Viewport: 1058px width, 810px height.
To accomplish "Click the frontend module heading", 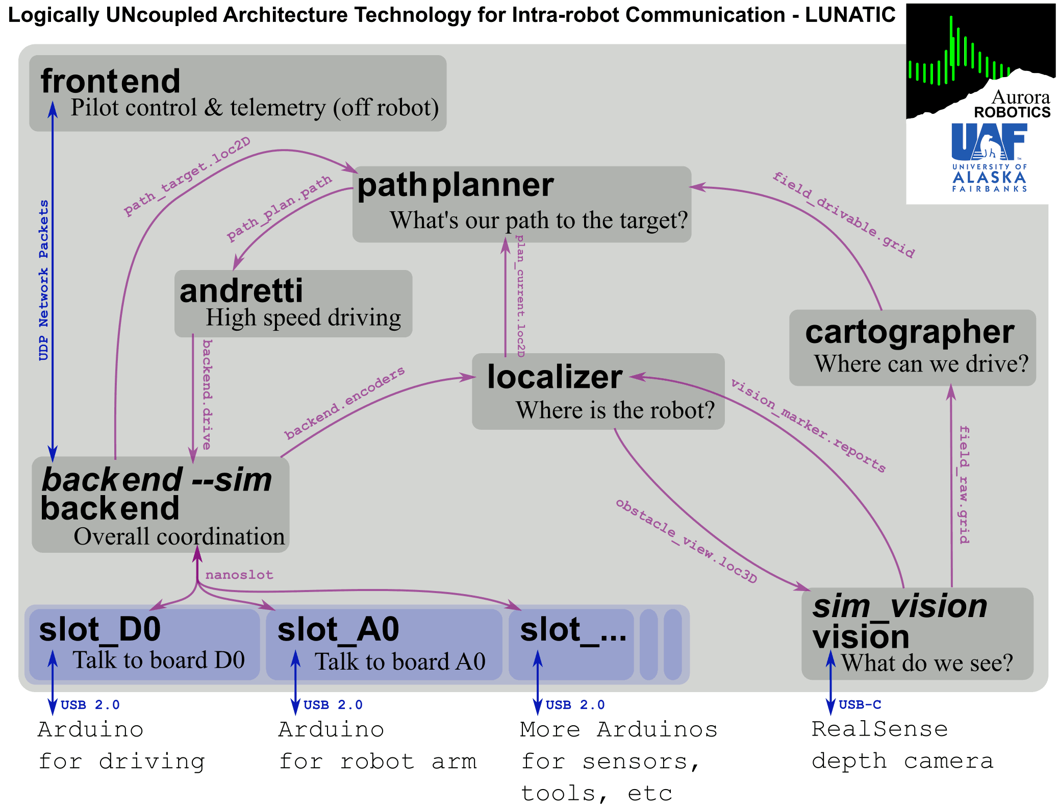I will pos(110,81).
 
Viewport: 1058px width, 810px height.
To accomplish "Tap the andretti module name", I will pos(241,291).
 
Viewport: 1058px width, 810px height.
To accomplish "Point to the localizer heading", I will pos(555,377).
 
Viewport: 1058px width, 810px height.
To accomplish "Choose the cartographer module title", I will pos(910,332).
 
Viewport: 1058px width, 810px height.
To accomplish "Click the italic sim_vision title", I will pos(899,606).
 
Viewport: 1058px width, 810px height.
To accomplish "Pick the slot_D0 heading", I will pos(100,629).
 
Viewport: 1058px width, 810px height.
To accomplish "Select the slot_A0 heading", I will pos(338,629).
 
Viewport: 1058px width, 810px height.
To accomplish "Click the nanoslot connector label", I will pos(239,575).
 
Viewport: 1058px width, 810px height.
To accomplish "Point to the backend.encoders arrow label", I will pos(345,403).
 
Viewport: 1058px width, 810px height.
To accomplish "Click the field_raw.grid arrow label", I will pos(964,484).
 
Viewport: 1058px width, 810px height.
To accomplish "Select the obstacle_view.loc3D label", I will pos(686,541).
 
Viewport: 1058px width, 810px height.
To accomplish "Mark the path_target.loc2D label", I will pos(187,176).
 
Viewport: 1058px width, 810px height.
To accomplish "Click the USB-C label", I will pos(860,705).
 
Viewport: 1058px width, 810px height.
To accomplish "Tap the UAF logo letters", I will pos(989,141).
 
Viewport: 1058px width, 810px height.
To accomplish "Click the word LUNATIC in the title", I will pos(850,15).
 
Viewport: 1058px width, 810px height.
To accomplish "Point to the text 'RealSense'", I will pos(879,729).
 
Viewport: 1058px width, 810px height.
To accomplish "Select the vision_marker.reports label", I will pos(808,425).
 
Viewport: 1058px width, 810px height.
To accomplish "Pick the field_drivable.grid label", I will pos(843,215).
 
